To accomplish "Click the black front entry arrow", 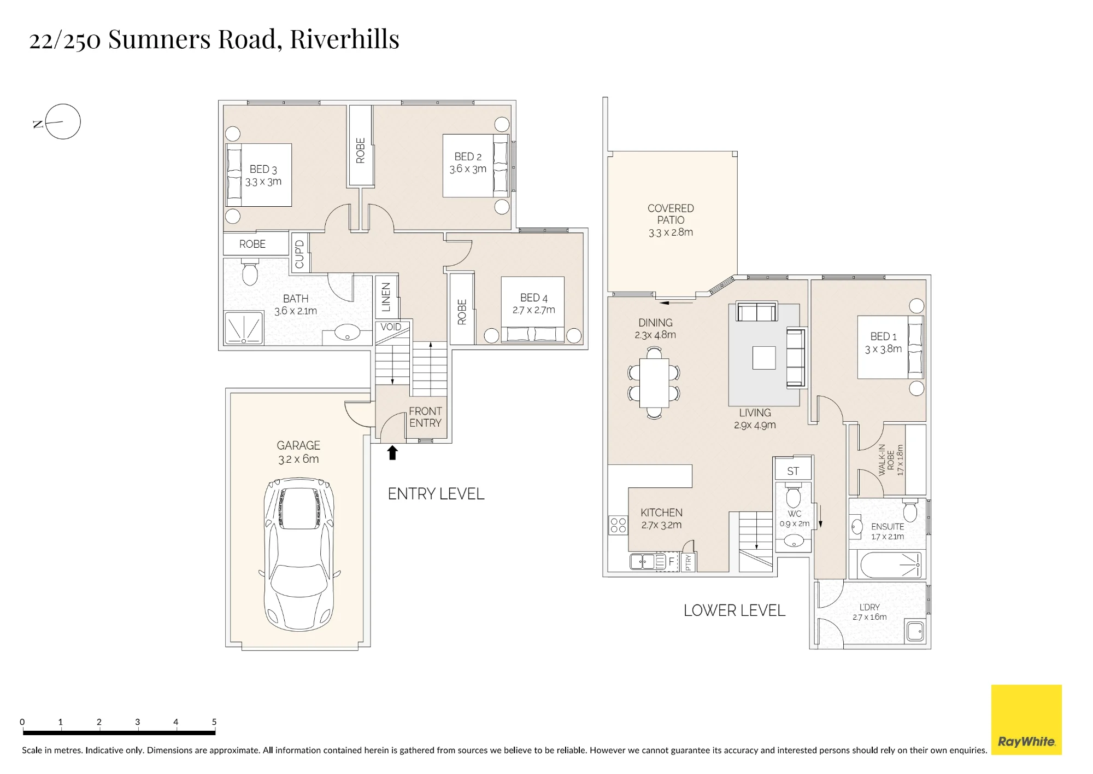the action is pos(392,452).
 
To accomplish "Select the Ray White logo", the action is pos(1026,719).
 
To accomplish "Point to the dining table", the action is pos(654,383).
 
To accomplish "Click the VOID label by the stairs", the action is pos(391,327).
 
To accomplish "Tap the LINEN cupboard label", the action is pos(386,297).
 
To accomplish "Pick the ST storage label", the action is pos(793,471).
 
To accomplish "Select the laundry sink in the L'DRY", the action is pos(915,631).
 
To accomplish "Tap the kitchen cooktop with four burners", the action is pos(618,525).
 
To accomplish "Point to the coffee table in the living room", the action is pos(763,358).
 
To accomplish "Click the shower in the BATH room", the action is pos(244,328).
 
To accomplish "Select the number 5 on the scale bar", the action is pos(214,721).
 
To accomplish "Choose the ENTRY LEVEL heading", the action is pos(436,494).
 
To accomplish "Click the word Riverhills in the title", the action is pos(345,39).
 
